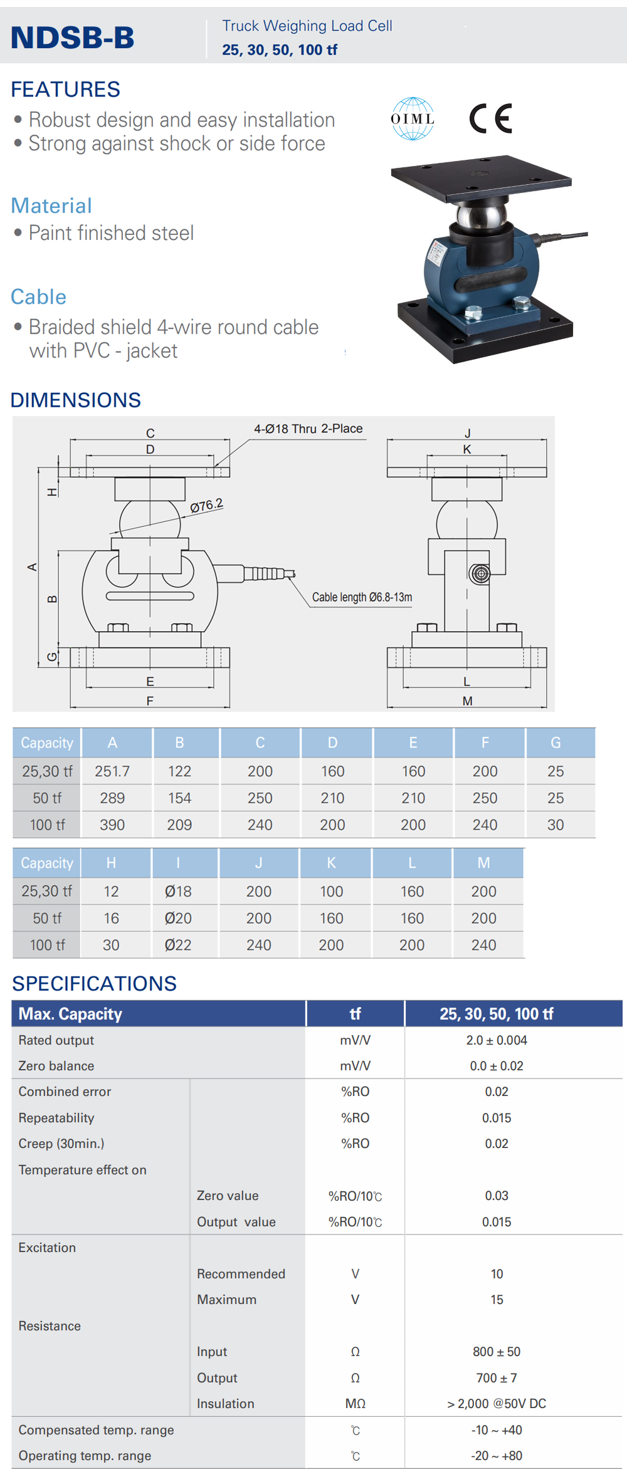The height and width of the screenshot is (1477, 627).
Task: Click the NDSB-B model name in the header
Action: (73, 38)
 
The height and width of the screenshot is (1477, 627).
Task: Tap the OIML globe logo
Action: (413, 118)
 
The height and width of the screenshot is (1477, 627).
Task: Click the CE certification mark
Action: (491, 118)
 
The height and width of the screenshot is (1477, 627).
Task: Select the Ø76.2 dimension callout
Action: (207, 506)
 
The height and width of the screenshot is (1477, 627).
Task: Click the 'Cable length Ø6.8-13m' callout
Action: (362, 597)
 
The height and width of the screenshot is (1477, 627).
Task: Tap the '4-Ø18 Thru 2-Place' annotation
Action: (308, 429)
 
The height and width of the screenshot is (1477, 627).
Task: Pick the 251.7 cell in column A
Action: (112, 771)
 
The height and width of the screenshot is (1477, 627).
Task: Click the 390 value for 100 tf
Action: (112, 825)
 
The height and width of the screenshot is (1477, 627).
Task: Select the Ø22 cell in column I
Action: (178, 945)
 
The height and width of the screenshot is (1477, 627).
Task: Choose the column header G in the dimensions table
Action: (556, 743)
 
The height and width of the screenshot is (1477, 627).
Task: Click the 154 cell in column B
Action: (179, 798)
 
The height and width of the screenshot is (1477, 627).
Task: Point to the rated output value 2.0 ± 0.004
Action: (497, 1040)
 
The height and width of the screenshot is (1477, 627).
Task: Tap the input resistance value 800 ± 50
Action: (497, 1352)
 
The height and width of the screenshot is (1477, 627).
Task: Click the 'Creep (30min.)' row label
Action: (61, 1144)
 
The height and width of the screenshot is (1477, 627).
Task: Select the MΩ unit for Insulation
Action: (356, 1404)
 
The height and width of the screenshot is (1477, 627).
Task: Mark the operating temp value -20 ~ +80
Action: (497, 1456)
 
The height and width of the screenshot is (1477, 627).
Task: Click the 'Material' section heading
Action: (51, 206)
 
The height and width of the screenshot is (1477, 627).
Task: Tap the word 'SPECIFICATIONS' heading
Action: (94, 984)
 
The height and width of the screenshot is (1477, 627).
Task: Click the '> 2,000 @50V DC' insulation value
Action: (497, 1404)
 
